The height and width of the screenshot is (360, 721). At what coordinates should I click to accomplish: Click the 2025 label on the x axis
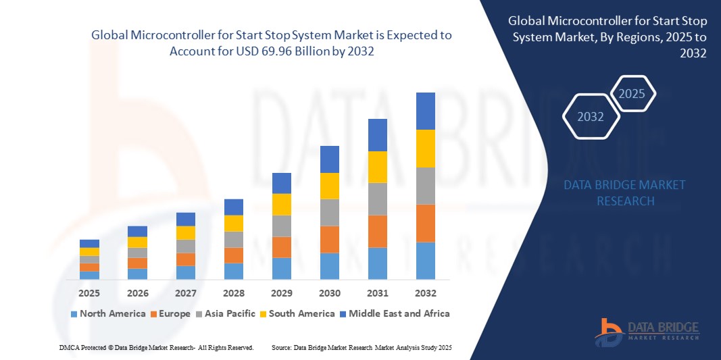click(x=89, y=293)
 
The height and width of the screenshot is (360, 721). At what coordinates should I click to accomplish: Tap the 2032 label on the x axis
click(x=425, y=293)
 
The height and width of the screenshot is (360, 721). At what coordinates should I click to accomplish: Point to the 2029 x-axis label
click(x=281, y=293)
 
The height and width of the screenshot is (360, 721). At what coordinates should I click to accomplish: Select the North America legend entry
click(x=107, y=313)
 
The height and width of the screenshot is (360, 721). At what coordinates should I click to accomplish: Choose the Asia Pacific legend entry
click(x=227, y=313)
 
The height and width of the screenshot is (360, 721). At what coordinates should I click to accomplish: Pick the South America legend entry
click(x=297, y=313)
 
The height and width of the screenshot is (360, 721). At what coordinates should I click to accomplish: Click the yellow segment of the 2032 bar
click(x=425, y=149)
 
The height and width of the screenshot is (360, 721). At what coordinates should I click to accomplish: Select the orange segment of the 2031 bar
click(x=377, y=231)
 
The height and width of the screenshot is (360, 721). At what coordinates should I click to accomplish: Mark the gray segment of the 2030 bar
click(x=329, y=212)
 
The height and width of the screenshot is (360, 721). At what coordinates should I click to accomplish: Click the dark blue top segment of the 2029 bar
click(x=281, y=183)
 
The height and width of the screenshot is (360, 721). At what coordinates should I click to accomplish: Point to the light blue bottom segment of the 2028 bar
click(x=233, y=271)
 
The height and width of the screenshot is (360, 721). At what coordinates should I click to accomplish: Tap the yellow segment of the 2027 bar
click(x=185, y=232)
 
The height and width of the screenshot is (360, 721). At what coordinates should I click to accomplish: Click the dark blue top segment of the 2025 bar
click(x=89, y=243)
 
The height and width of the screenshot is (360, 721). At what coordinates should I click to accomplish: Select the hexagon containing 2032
click(x=591, y=117)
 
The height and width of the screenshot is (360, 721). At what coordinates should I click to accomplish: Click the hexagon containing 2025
click(x=632, y=94)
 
